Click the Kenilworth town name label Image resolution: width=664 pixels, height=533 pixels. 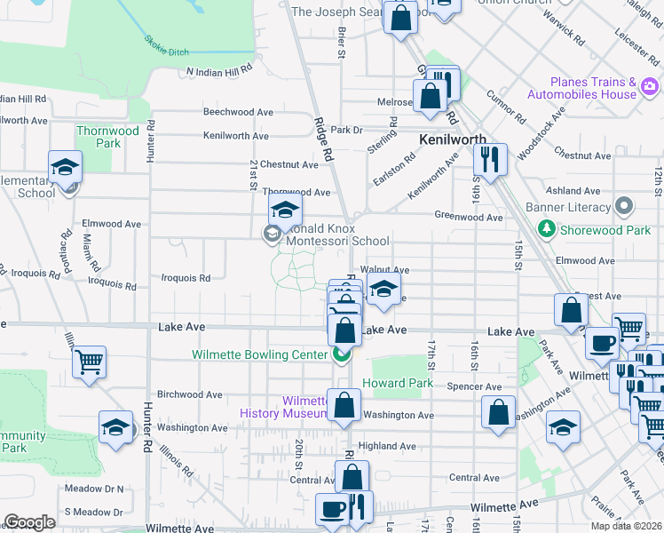point(452,140)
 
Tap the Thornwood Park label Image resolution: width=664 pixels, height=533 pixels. point(108,137)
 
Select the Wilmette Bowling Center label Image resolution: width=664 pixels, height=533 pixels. point(260,354)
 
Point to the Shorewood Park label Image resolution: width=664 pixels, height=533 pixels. point(605,230)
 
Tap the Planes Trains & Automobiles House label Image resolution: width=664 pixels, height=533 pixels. point(594,87)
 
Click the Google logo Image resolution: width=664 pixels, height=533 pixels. point(29,521)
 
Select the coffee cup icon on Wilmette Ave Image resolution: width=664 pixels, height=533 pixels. point(333,510)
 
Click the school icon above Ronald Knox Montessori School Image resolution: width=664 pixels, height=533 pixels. point(285,211)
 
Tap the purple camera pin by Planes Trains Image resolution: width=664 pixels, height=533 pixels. point(651,87)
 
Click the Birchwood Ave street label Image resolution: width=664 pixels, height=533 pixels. point(189,394)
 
